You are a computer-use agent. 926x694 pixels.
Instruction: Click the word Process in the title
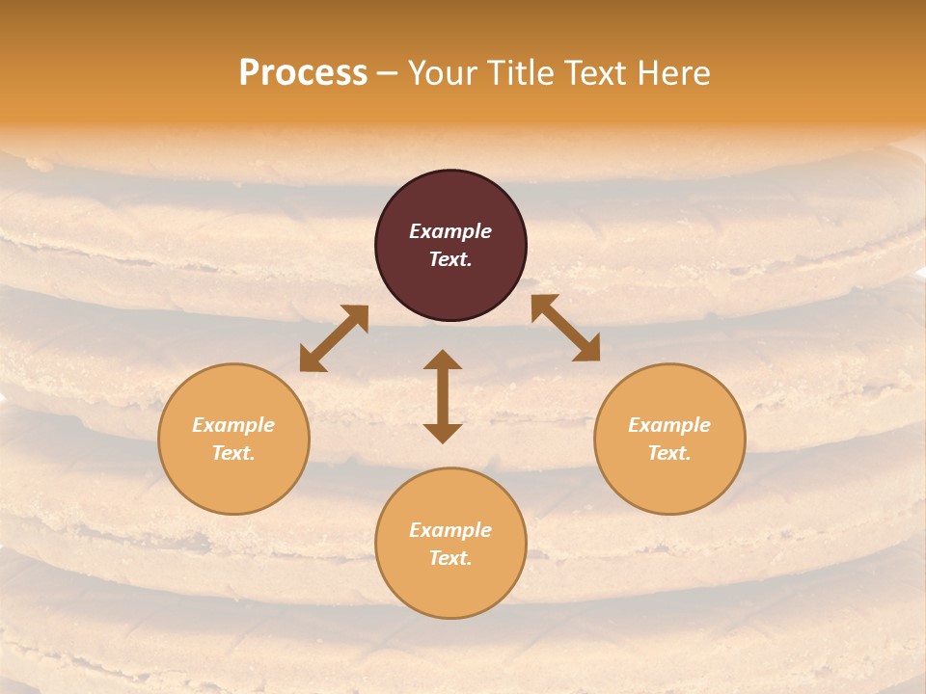coord(303,73)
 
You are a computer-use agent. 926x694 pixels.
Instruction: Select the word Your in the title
coord(439,73)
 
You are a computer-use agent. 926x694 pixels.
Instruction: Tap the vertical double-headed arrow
coord(443,396)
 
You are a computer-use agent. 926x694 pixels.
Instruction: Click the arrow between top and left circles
coord(334,338)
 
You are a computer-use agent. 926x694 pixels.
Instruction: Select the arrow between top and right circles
coord(566,328)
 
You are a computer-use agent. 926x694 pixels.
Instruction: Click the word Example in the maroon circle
coord(450,231)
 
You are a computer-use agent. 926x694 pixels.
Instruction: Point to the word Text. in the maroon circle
coord(450,259)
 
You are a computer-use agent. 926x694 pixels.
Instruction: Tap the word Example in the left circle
coord(233,425)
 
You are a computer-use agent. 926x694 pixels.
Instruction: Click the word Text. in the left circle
coord(233,453)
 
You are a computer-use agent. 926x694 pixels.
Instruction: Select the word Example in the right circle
coord(669,425)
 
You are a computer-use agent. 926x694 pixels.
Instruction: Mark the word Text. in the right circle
coord(669,453)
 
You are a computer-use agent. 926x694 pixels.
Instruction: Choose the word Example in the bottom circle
coord(450,530)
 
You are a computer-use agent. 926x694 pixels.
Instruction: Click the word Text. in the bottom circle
coord(450,558)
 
